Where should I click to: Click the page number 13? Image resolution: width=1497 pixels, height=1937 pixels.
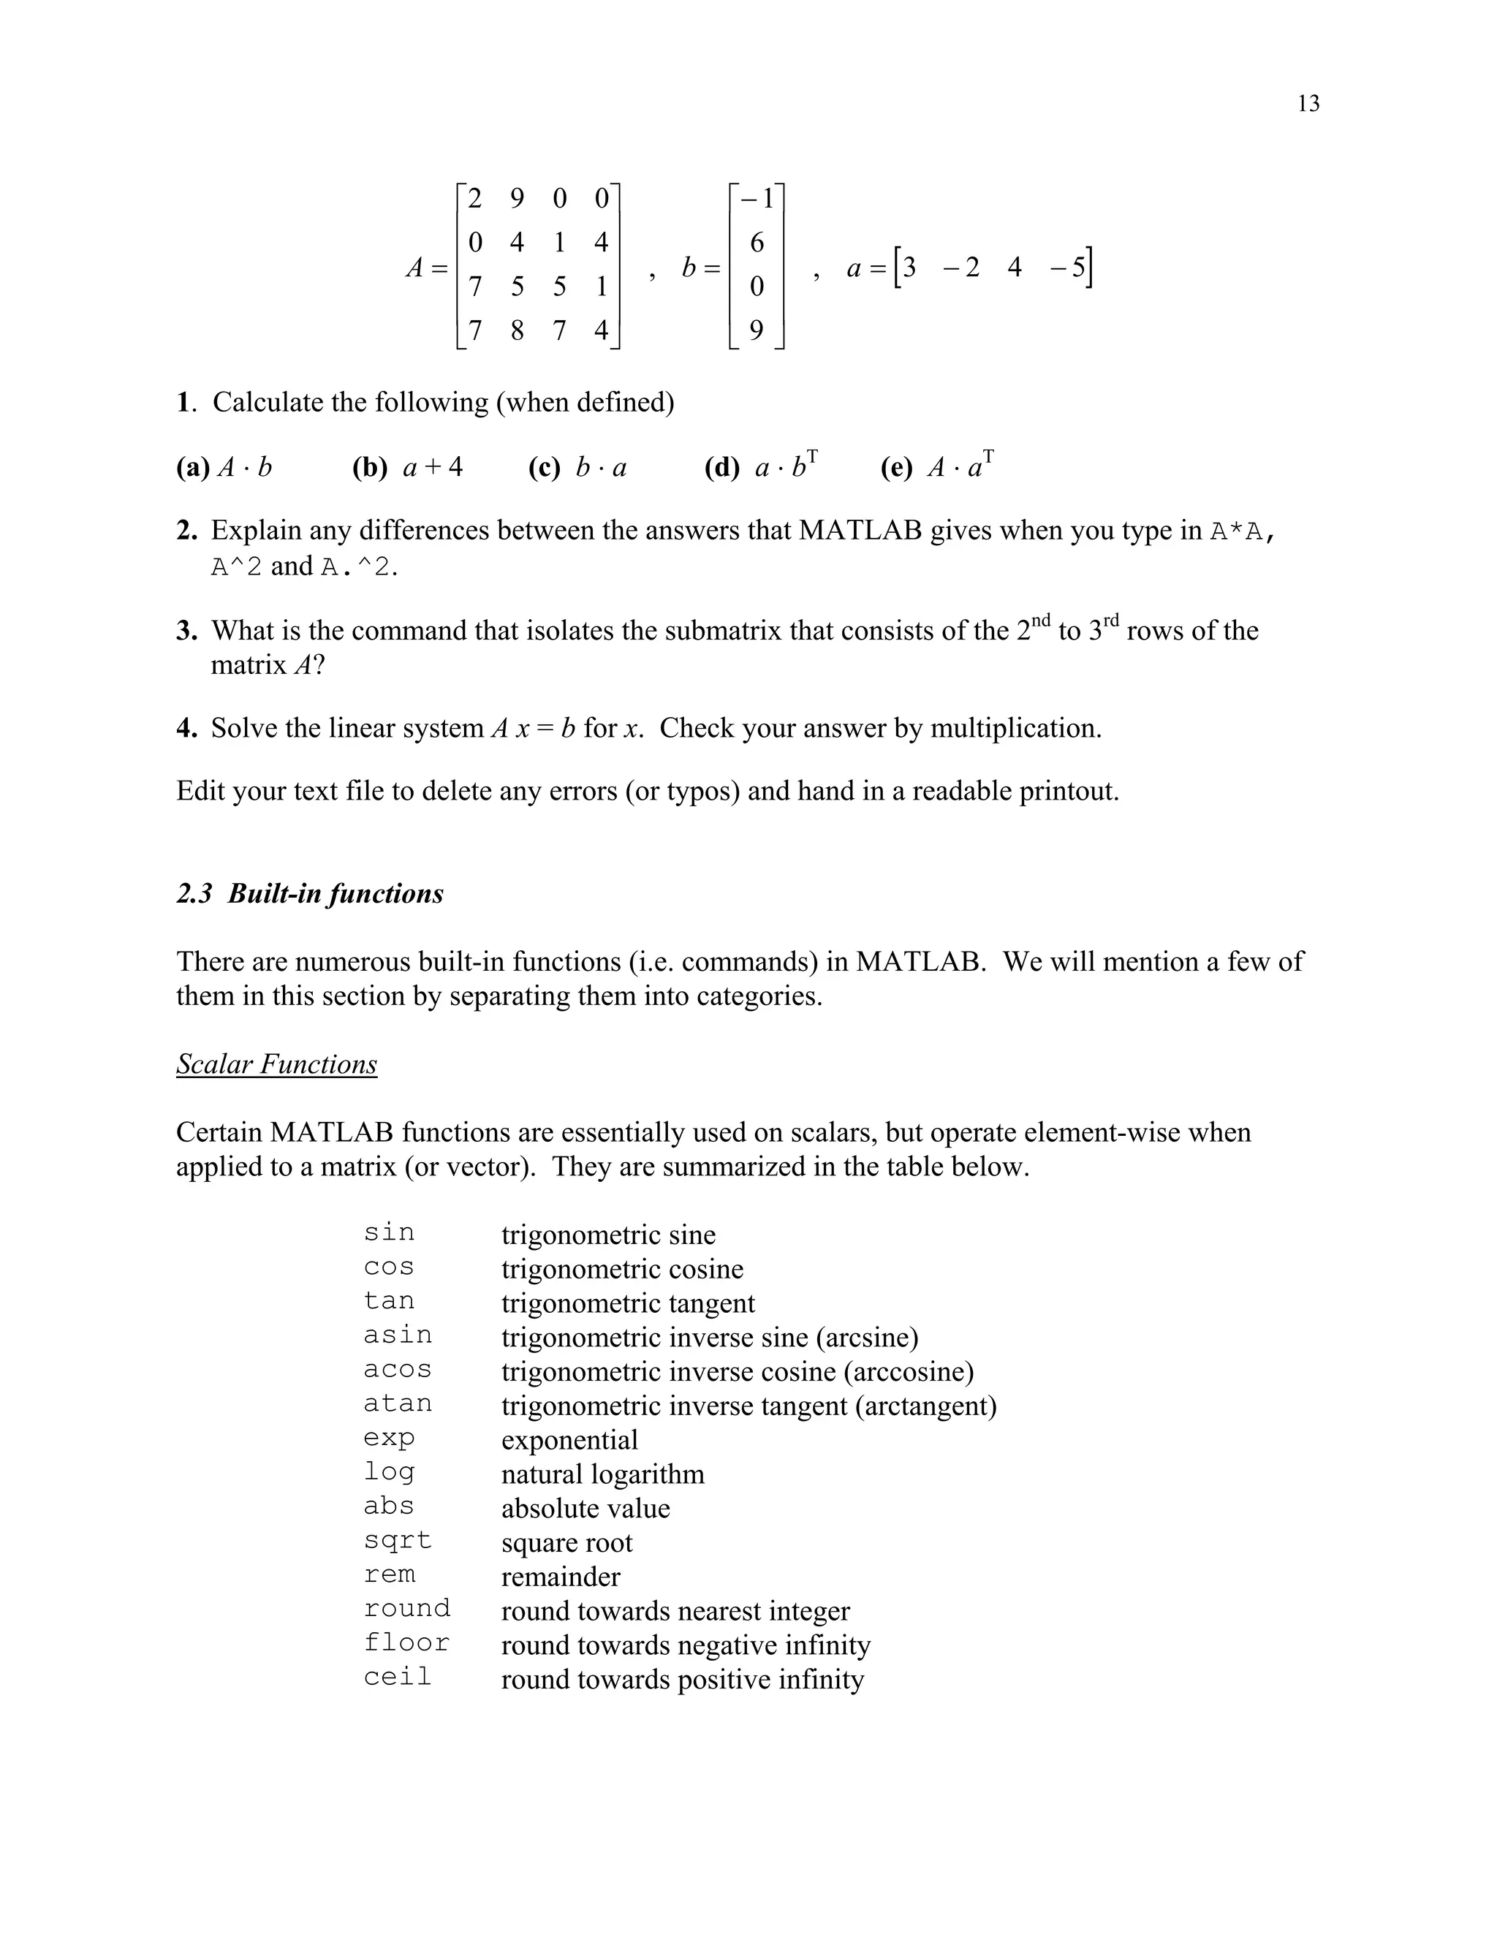tap(1308, 104)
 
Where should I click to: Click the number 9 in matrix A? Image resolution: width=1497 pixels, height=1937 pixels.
tap(516, 198)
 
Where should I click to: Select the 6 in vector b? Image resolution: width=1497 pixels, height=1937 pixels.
tap(757, 242)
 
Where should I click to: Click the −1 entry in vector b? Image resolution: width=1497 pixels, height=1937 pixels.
tap(757, 199)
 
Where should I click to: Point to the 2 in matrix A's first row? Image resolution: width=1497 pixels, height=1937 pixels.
tap(474, 198)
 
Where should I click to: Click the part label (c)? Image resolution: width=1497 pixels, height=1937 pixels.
tap(544, 467)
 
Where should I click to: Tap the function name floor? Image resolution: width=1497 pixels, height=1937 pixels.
tap(406, 1642)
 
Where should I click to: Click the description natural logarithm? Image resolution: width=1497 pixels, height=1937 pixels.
tap(602, 1474)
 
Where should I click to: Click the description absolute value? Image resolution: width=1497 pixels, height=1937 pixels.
tap(585, 1509)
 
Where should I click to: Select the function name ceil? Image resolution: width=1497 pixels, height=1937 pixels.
tap(398, 1677)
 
